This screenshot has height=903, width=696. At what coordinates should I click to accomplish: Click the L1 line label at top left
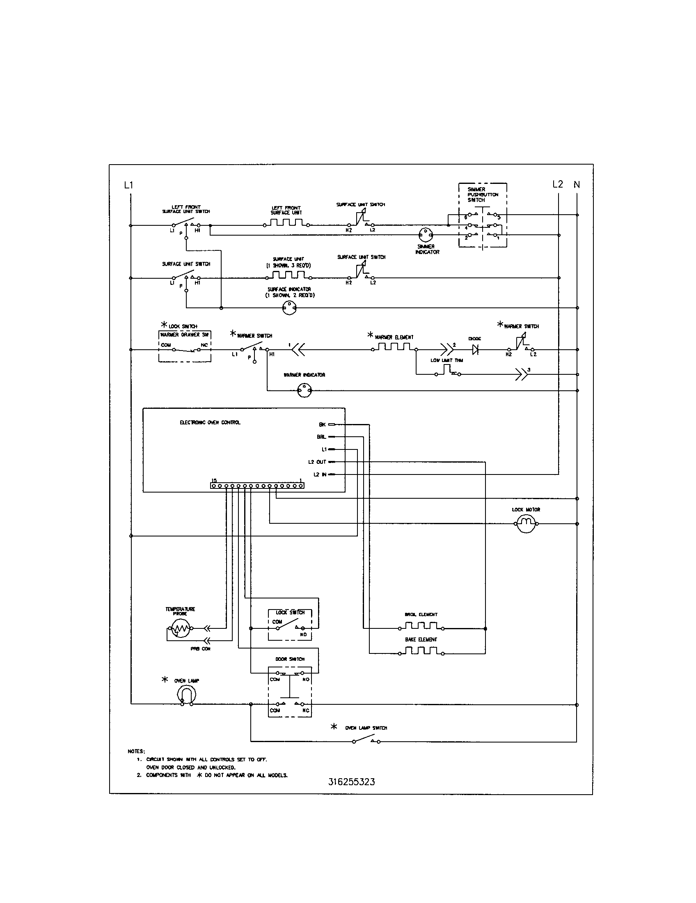[128, 185]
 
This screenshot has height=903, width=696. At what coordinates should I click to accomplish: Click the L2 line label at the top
[558, 184]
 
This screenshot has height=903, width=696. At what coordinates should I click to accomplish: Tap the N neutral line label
[577, 185]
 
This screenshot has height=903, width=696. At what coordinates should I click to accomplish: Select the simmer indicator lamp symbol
[425, 235]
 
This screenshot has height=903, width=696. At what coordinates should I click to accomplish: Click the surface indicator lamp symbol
[289, 307]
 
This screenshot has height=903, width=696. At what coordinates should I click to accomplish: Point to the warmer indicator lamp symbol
[304, 390]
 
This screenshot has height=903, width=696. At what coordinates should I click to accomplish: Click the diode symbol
[475, 350]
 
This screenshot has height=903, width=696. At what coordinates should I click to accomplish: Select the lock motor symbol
[526, 524]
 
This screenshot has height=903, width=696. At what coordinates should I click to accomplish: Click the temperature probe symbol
[180, 629]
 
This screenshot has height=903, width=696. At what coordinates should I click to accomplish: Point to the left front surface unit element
[287, 223]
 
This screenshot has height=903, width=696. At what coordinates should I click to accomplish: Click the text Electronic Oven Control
[210, 422]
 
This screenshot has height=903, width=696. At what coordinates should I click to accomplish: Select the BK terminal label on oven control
[322, 425]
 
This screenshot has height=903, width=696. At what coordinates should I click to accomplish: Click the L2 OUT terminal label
[317, 462]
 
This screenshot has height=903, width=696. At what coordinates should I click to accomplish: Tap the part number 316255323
[352, 782]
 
